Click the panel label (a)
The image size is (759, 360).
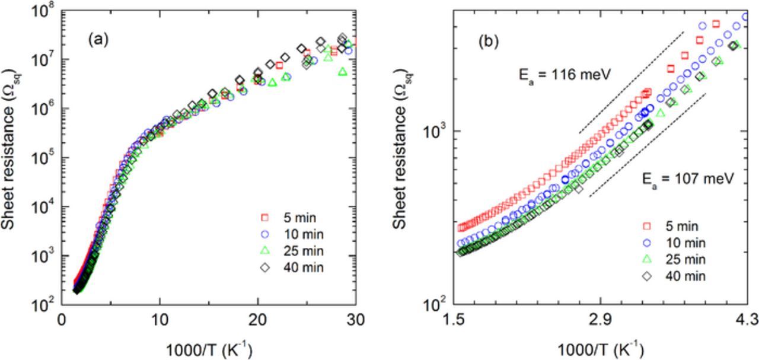pos(98,40)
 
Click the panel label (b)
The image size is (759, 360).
pos(489,42)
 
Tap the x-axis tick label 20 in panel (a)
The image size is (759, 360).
pos(257,319)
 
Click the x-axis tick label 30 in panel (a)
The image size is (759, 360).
pos(355,319)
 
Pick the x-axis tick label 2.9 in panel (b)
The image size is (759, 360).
pos(600,321)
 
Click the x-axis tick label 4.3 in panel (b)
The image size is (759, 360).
pos(747,321)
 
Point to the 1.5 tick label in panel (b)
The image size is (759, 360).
pos(454,321)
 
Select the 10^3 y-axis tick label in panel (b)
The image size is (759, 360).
pos(435,132)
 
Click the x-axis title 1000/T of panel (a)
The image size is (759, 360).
pos(208,350)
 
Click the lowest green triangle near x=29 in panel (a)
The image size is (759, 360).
pos(342,72)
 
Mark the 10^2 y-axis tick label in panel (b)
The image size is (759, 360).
pos(435,305)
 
